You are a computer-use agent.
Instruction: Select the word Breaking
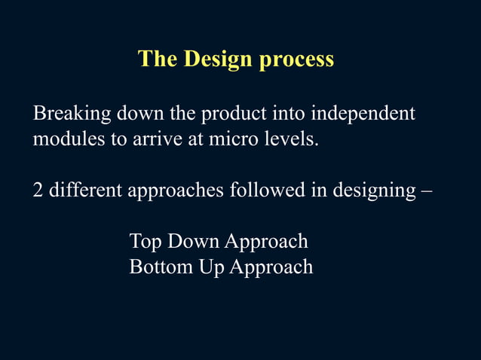72,115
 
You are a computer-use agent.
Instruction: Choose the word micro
228,139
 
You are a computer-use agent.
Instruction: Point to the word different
85,191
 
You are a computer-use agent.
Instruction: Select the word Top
146,243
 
